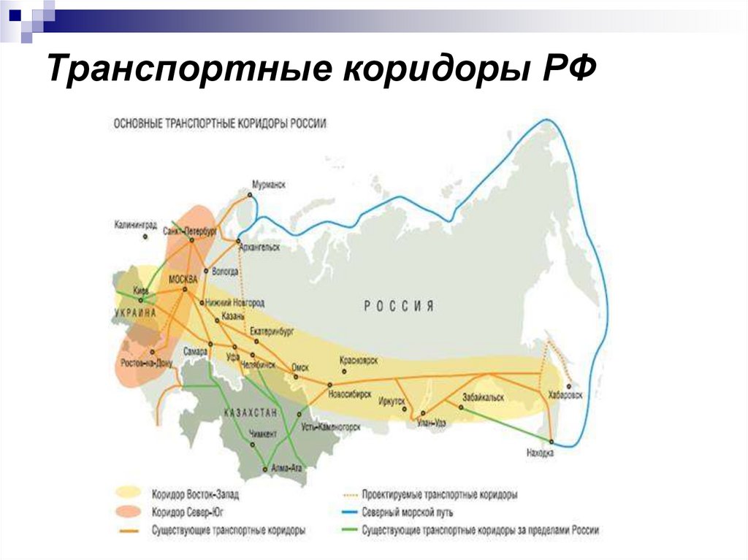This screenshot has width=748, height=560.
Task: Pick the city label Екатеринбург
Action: (271, 330)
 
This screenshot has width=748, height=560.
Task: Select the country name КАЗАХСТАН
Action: (251, 413)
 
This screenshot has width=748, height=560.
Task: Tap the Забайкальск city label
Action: (485, 396)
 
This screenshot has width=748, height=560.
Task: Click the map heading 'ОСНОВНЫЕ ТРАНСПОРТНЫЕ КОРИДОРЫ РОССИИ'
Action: (220, 125)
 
